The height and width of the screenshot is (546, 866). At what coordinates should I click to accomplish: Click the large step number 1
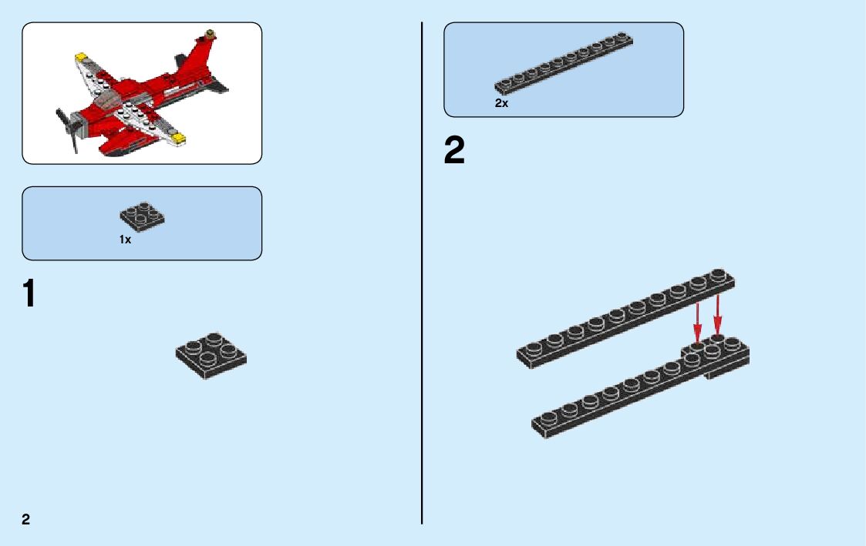[29, 294]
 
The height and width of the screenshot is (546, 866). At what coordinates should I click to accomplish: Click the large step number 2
[454, 151]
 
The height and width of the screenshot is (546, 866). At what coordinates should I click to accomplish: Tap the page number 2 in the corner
[26, 519]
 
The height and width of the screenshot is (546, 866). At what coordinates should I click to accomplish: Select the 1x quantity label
[125, 240]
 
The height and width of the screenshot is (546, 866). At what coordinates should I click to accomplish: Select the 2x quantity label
[501, 102]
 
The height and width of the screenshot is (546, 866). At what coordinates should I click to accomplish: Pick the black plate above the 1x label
[142, 217]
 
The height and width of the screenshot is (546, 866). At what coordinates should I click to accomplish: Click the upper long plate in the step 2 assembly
[625, 317]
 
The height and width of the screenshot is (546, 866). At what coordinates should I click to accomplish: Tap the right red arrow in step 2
[717, 314]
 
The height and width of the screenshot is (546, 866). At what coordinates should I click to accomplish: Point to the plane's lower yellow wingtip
[179, 139]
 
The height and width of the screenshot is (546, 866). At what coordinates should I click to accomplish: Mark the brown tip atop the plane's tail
[209, 33]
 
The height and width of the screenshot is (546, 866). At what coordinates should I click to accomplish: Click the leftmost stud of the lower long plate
[548, 420]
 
